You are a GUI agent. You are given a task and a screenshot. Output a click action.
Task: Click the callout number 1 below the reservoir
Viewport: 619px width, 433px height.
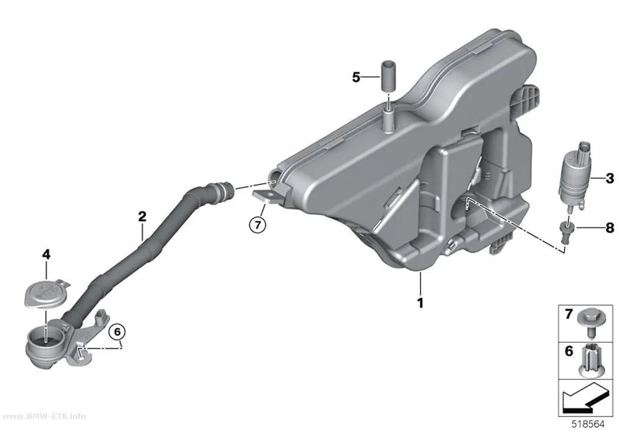pyautogui.click(x=420, y=303)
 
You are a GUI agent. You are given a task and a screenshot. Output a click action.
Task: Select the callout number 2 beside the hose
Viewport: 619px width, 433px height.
pyautogui.click(x=142, y=217)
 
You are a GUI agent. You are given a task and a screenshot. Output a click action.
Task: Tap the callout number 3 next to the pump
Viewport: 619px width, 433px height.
pyautogui.click(x=610, y=179)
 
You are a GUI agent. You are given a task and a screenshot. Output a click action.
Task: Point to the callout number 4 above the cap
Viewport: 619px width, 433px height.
pyautogui.click(x=46, y=254)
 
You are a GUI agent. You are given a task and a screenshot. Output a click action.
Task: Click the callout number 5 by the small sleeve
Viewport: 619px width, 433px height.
pyautogui.click(x=356, y=77)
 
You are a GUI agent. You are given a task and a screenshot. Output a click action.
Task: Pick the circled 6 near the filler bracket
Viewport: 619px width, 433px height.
pyautogui.click(x=117, y=332)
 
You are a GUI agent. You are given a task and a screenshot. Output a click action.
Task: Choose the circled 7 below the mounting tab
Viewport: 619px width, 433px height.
pyautogui.click(x=258, y=225)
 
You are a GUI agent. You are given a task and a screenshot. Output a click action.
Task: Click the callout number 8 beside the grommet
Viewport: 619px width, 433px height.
pyautogui.click(x=610, y=227)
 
